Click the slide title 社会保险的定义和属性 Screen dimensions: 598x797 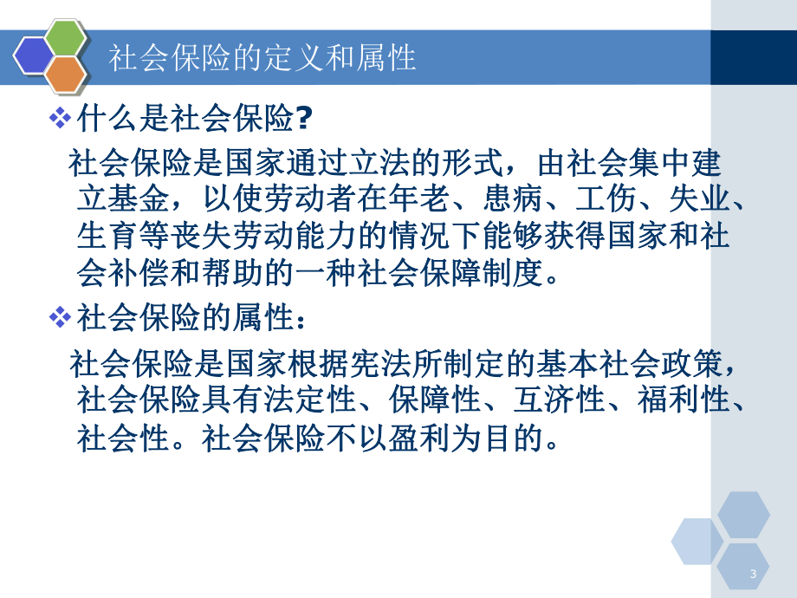(x=262, y=57)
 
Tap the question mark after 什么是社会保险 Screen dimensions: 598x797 (x=303, y=118)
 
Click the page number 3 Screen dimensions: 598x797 (x=753, y=575)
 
